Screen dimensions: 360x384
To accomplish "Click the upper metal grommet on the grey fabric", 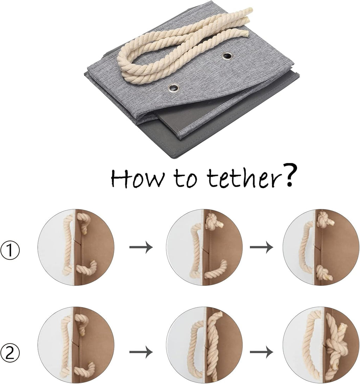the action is [x=227, y=56].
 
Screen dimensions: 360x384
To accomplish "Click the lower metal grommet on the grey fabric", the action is [x=174, y=88].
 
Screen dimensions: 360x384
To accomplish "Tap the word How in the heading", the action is [x=137, y=178].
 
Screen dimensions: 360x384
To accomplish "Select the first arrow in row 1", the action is [x=141, y=247].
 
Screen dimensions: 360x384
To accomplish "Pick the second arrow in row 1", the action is [x=261, y=247].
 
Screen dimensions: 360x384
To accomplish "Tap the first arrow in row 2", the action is [x=141, y=352].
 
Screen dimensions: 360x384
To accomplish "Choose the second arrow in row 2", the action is [x=261, y=352].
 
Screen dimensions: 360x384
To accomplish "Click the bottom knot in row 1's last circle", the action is [x=324, y=273].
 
